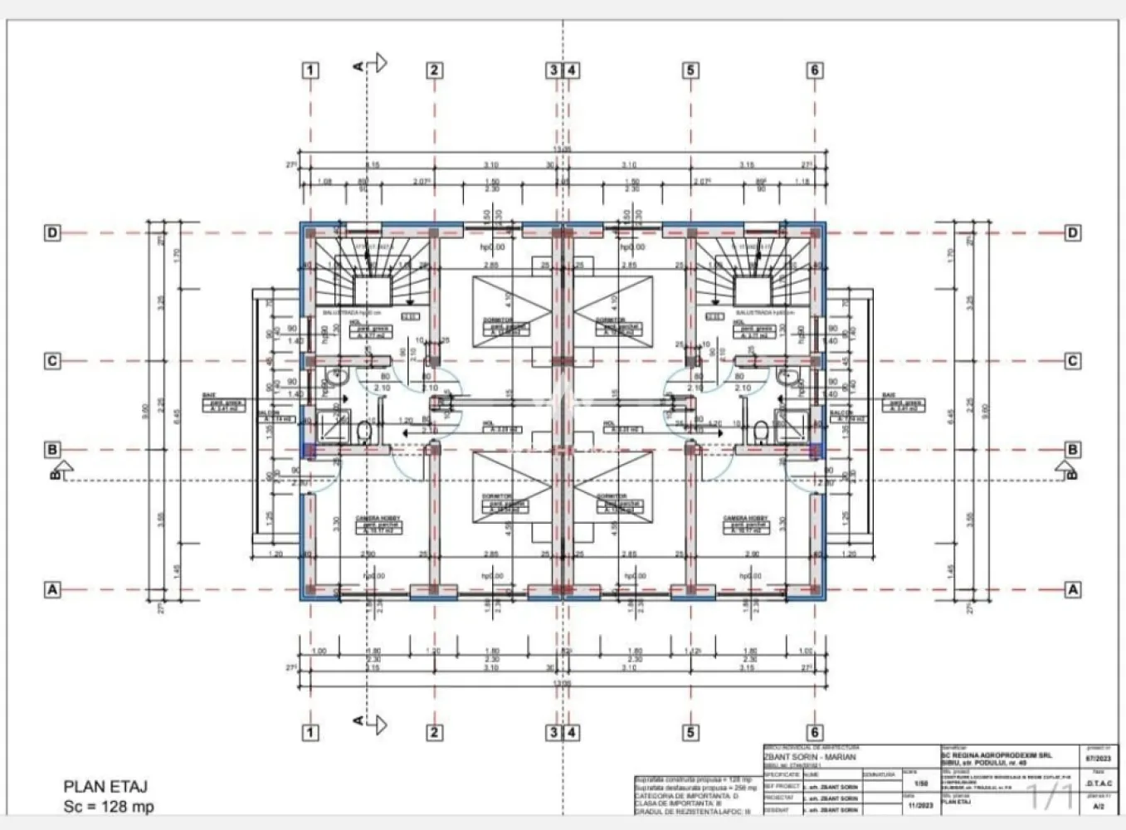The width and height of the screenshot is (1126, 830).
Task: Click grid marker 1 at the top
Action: pos(310,71)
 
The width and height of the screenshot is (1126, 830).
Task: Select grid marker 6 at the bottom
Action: pos(815,732)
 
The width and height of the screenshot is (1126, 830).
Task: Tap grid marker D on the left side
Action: pos(52,233)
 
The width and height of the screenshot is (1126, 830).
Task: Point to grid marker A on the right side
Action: pos(1073,590)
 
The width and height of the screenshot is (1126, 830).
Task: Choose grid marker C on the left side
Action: pos(52,361)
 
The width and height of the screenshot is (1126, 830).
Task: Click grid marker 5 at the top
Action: pos(690,71)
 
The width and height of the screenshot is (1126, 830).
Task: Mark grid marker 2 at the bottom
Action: pos(434,732)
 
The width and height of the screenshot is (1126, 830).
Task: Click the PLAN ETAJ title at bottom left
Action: pos(105,786)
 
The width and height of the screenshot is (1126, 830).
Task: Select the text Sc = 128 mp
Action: pos(109,807)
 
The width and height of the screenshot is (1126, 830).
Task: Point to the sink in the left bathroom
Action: pos(336,378)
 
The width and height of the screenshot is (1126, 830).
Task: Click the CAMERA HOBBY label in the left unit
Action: pos(378,519)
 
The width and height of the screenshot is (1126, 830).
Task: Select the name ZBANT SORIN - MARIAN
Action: pos(809,757)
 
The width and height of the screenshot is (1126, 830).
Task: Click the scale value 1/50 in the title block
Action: pos(920,783)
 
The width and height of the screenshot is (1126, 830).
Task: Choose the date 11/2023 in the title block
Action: pos(920,805)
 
